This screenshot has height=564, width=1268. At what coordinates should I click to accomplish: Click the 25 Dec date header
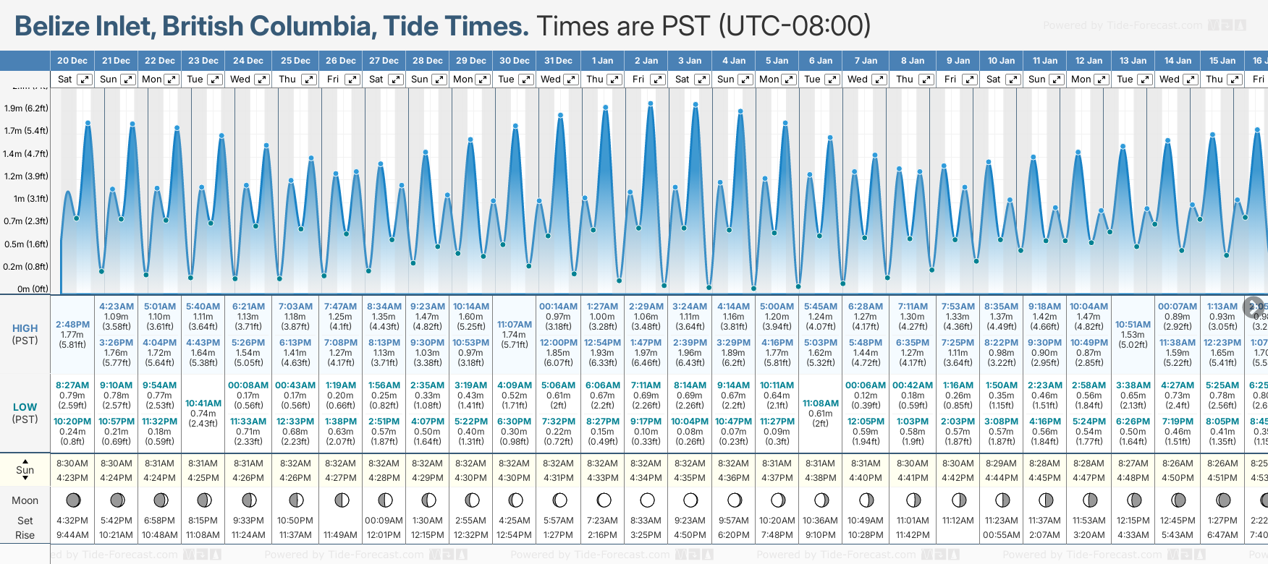(295, 61)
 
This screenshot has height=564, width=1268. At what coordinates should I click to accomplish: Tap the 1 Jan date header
(602, 61)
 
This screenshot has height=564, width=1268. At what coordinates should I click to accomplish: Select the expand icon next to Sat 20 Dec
(85, 80)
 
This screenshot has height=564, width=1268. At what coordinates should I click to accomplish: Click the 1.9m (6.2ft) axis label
(26, 108)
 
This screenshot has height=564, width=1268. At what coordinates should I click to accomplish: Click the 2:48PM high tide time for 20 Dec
(72, 325)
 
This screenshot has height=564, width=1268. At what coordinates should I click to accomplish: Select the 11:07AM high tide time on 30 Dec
(515, 325)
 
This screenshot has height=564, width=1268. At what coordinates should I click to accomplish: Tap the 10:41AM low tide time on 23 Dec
(203, 403)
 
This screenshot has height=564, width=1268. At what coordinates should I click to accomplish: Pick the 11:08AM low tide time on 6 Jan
(821, 403)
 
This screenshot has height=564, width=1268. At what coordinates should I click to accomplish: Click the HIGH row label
(25, 328)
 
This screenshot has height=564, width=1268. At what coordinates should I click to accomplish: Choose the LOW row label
(25, 407)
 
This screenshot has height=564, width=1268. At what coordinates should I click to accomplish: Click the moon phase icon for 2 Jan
(647, 500)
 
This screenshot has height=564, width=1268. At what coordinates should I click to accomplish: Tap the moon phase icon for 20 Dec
(73, 500)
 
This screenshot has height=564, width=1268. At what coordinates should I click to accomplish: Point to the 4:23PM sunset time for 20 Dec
(72, 478)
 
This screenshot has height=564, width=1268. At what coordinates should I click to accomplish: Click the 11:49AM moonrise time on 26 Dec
(340, 535)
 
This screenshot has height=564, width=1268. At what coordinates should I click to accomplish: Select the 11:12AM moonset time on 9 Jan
(958, 521)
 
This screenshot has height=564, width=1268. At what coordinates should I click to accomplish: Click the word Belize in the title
(56, 27)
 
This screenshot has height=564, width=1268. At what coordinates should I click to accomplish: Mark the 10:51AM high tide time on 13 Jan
(1133, 325)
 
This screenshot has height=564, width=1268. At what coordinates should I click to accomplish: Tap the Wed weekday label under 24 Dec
(240, 80)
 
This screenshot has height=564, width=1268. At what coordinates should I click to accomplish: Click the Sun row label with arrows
(25, 470)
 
